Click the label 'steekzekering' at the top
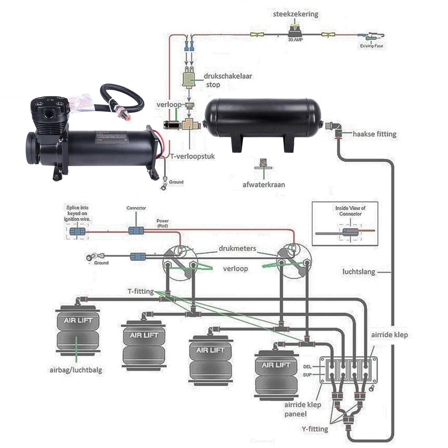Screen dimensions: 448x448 click(x=295, y=14)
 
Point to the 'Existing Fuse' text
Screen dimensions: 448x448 click(x=371, y=46)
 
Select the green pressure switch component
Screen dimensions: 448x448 click(x=188, y=79)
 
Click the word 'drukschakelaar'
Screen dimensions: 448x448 click(x=228, y=76)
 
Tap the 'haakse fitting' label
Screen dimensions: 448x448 click(x=375, y=134)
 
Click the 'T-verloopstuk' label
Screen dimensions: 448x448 click(x=193, y=156)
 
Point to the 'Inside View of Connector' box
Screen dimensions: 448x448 click(x=345, y=223)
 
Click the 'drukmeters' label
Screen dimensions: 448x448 click(x=237, y=248)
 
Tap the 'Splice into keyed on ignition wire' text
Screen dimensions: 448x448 click(x=77, y=213)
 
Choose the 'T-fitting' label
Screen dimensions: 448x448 click(x=141, y=291)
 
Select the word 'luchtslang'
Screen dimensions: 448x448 click(x=358, y=272)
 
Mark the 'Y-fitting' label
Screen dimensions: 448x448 click(x=315, y=429)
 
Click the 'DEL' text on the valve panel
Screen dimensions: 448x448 click(x=307, y=366)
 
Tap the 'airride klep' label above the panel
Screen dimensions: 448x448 click(x=389, y=335)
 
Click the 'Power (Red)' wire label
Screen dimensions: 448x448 click(x=162, y=223)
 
